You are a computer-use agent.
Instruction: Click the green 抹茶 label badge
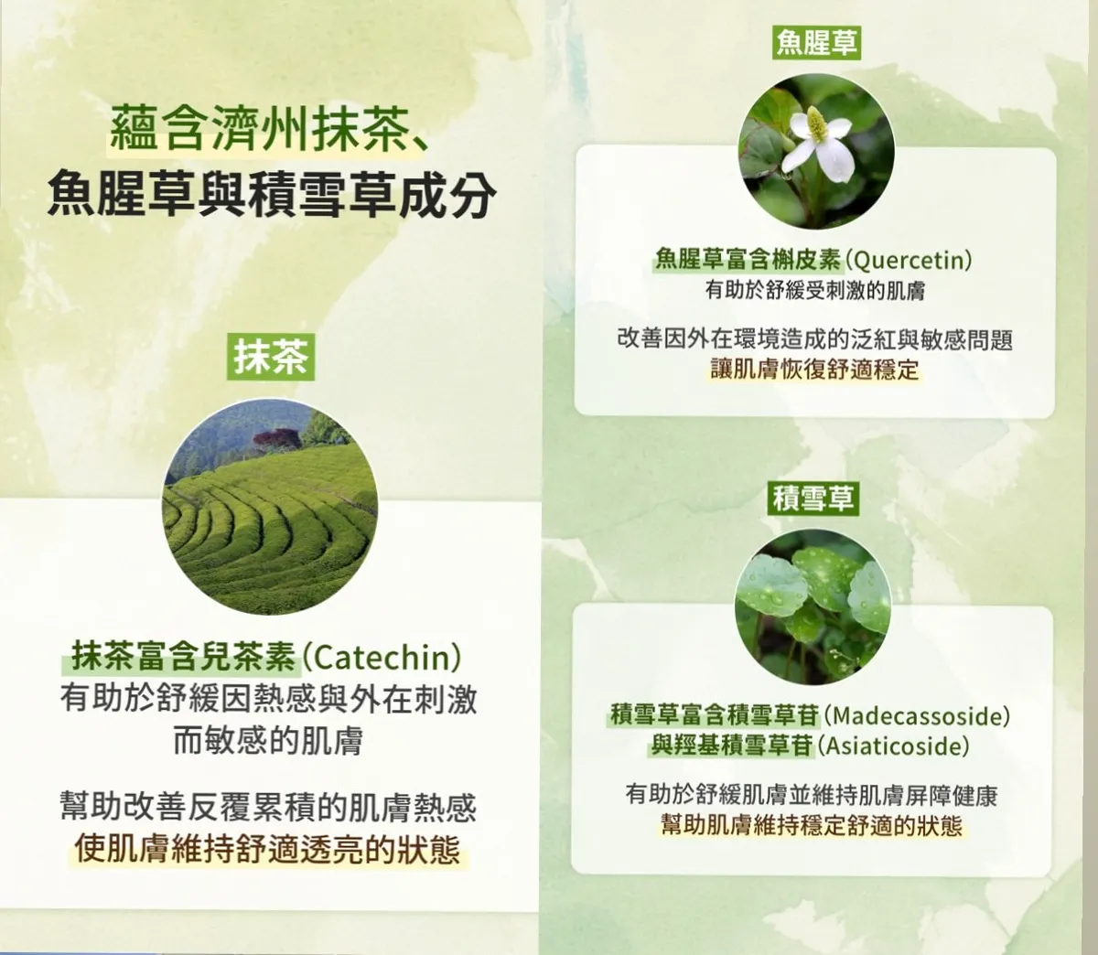click(x=271, y=357)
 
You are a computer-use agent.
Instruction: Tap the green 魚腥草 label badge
click(x=816, y=42)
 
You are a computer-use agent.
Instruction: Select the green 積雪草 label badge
click(x=813, y=498)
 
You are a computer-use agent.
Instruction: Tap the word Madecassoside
click(x=917, y=716)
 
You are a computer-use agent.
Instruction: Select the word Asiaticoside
click(x=895, y=746)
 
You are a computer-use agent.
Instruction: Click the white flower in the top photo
click(x=816, y=141)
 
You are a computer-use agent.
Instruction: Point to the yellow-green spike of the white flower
click(x=816, y=123)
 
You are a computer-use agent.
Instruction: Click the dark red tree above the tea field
click(x=276, y=439)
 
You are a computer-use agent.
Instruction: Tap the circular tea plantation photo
click(x=270, y=506)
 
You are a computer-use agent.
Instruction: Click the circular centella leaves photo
click(x=813, y=606)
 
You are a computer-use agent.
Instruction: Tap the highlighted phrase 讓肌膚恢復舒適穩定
click(x=814, y=370)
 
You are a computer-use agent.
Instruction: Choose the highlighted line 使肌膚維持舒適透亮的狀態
click(x=267, y=849)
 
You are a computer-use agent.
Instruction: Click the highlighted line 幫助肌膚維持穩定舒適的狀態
click(x=812, y=825)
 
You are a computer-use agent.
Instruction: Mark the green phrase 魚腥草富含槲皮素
click(x=748, y=261)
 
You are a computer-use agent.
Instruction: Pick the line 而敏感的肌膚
click(x=268, y=741)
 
